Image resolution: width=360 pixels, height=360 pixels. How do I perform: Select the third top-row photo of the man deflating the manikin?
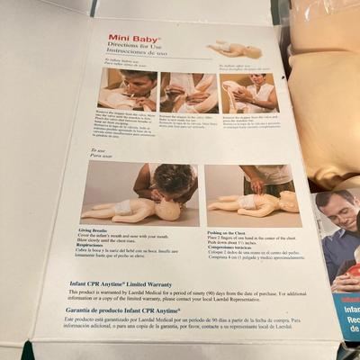click(x=249, y=92)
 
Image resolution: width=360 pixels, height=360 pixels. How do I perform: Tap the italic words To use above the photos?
click(x=98, y=151)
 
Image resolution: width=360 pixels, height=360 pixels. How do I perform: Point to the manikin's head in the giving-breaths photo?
click(x=166, y=210)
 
